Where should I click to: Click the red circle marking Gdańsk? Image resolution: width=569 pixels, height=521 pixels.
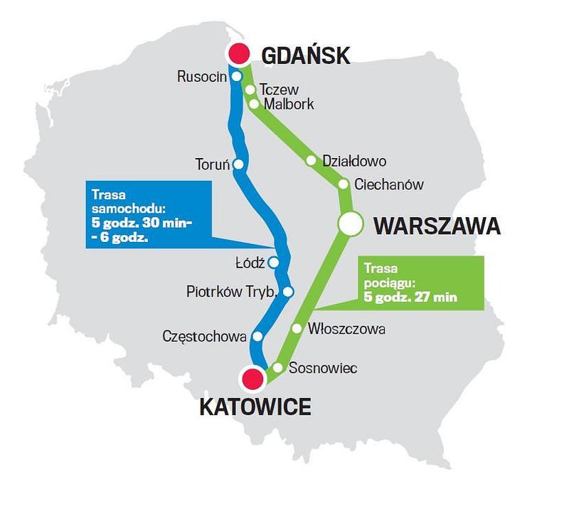[x=238, y=53]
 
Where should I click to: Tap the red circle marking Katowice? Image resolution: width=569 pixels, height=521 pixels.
[x=252, y=379]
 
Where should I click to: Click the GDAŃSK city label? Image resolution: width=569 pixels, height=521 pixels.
[x=306, y=55]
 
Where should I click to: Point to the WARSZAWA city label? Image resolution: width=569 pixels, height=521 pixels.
[x=437, y=226]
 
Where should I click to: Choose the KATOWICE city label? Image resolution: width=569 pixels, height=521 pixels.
[x=255, y=407]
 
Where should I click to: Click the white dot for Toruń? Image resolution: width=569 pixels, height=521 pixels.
[x=238, y=164]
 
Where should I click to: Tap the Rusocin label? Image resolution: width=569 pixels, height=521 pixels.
[x=201, y=76]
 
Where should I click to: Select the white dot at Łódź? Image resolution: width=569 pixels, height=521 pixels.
[x=273, y=262]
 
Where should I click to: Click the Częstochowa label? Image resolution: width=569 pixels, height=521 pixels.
[x=204, y=335]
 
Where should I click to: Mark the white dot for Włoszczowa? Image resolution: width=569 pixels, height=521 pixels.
[x=297, y=328]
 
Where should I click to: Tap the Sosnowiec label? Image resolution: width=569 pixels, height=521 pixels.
[x=322, y=368]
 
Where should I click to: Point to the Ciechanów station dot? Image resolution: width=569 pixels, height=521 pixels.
[x=344, y=184]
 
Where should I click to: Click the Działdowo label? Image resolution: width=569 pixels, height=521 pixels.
[x=354, y=161]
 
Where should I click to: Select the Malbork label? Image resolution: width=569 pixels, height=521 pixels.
[x=288, y=104]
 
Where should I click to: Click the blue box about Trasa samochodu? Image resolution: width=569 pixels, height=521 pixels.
[x=149, y=214]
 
